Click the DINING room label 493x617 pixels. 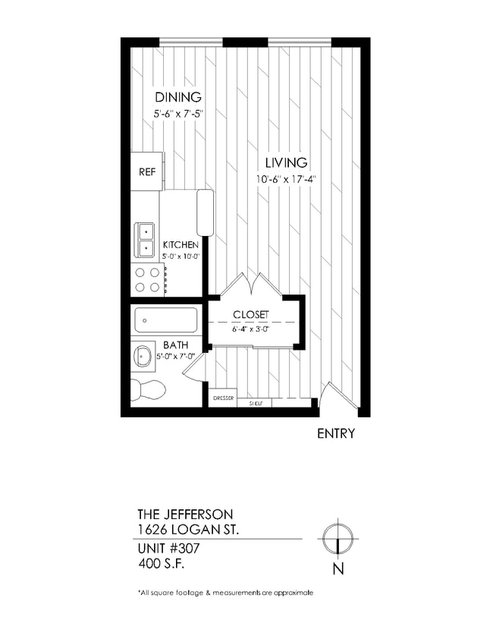(178, 97)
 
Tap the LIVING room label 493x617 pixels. (286, 162)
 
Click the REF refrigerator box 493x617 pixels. (146, 172)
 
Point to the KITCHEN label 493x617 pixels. (181, 244)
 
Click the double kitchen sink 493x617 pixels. (144, 240)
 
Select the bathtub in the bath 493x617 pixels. (165, 320)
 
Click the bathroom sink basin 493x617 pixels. (143, 355)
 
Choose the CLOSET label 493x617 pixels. (251, 315)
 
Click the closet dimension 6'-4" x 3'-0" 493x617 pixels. (250, 329)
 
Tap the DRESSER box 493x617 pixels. (222, 398)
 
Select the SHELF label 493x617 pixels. (256, 403)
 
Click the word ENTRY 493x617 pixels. (335, 434)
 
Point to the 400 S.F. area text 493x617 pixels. (162, 563)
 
